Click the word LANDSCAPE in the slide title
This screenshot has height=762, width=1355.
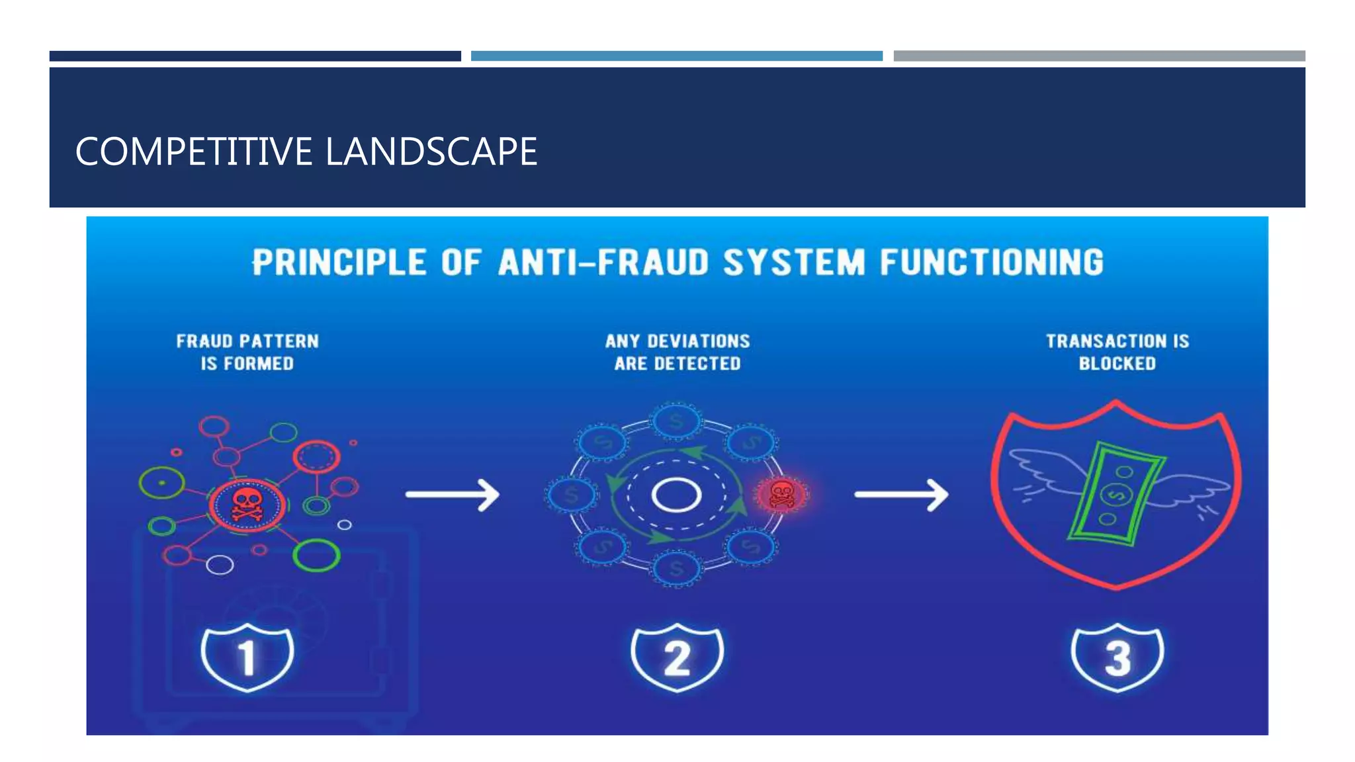[x=431, y=151]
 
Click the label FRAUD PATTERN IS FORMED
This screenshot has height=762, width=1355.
[x=247, y=352]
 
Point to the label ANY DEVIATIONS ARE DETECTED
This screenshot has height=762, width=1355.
[x=677, y=352]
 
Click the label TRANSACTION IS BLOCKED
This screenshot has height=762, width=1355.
[x=1117, y=352]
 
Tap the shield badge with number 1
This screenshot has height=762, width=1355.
[x=247, y=657]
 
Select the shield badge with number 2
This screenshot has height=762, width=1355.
[x=677, y=657]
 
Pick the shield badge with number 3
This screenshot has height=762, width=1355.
[x=1117, y=657]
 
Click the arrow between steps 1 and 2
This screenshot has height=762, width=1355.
[x=453, y=494]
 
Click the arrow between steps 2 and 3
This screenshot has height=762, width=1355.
[x=901, y=494]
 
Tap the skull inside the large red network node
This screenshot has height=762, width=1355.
[x=247, y=505]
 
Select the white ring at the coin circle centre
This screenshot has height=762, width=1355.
[x=676, y=495]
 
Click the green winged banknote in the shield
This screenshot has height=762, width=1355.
[x=1117, y=493]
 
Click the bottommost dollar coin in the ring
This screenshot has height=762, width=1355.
[x=676, y=568]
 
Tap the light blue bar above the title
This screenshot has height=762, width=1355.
[x=676, y=56]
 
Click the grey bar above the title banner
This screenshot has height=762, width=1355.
[x=1098, y=56]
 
